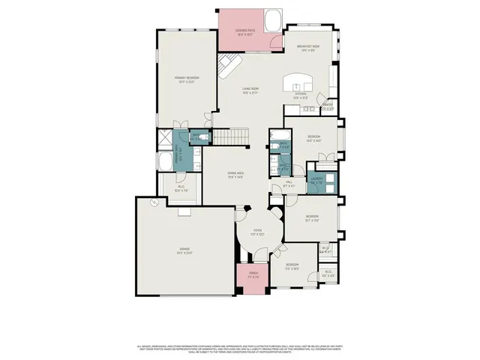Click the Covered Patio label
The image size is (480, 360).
pos(241,32)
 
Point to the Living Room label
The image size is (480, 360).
pos(250,91)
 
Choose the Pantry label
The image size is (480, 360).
pos(328,106)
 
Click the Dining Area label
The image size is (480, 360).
pos(235,176)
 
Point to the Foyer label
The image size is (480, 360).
pos(256,232)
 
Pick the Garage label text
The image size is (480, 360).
pos(184,250)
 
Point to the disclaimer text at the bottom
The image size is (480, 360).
pos(240,349)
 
